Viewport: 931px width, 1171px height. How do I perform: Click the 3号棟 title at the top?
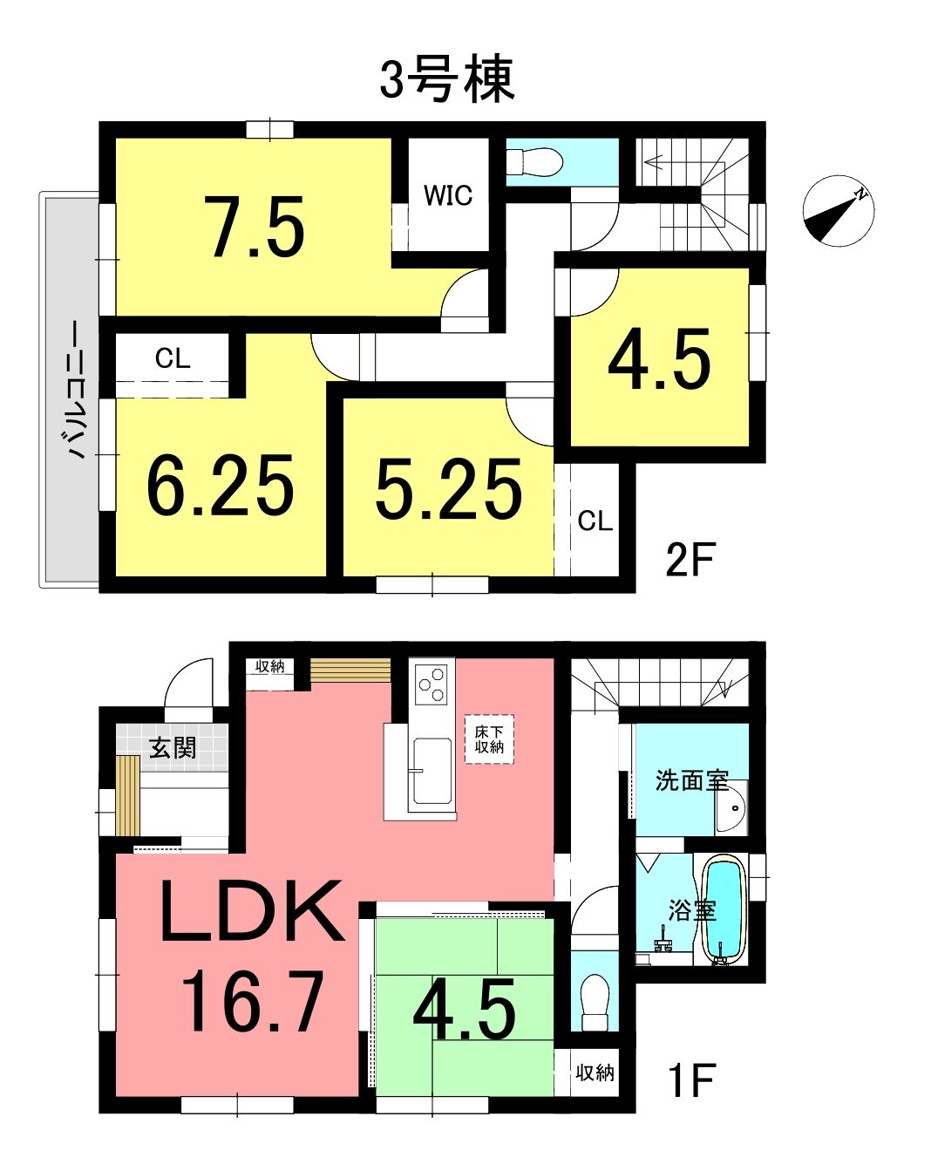(x=446, y=79)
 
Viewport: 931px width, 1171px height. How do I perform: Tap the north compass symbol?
(x=838, y=211)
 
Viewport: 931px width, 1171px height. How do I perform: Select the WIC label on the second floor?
(x=448, y=195)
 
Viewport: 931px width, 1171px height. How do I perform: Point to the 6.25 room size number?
(x=221, y=485)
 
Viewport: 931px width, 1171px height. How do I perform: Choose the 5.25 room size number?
(x=449, y=488)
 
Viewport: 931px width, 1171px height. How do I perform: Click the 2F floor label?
(x=690, y=560)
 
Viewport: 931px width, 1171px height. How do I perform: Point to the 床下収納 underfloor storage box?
(x=489, y=739)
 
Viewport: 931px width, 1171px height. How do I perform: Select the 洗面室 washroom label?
(x=691, y=780)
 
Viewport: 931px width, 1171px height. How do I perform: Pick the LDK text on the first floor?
(x=252, y=911)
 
